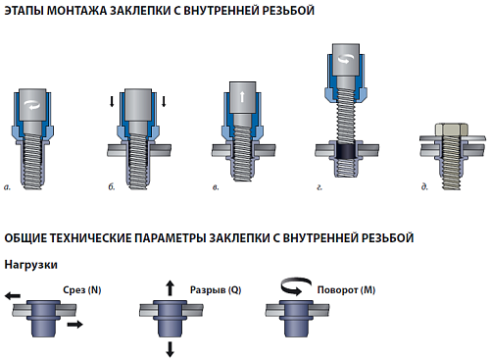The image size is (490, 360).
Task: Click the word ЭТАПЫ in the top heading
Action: [x=25, y=10]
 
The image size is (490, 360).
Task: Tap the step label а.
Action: [x=9, y=184]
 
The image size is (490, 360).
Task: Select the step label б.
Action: [x=113, y=184]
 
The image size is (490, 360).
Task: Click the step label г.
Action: [x=319, y=184]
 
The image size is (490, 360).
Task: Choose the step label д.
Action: [x=423, y=184]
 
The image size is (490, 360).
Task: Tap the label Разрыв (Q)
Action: [x=209, y=291]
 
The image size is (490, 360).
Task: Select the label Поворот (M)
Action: [x=346, y=291]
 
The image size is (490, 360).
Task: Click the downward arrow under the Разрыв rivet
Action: [x=169, y=348]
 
